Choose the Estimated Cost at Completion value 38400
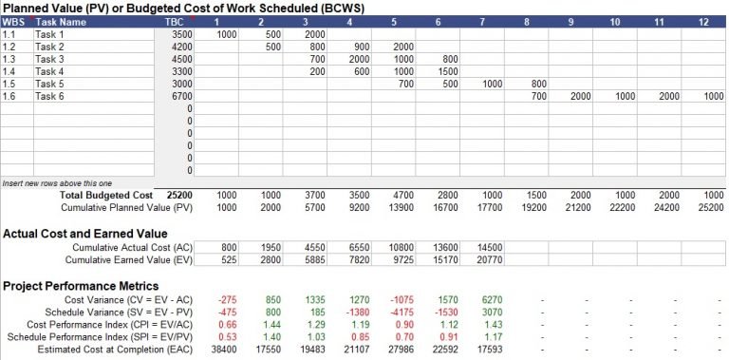tap(223, 350)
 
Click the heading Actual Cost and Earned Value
tap(85, 233)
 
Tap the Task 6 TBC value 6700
tap(182, 96)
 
